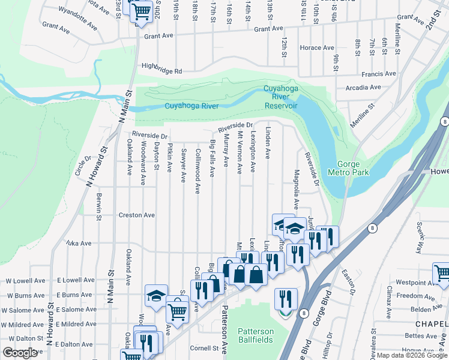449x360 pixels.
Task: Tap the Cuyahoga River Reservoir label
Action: point(281,97)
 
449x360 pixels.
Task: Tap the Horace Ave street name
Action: point(317,47)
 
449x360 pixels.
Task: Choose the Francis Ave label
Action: point(379,74)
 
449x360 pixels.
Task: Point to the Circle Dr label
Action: point(82,167)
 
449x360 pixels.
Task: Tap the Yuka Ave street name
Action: point(79,244)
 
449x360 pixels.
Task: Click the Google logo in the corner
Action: point(20,353)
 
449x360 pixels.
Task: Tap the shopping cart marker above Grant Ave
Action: point(141,11)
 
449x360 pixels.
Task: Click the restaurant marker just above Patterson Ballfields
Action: point(286,299)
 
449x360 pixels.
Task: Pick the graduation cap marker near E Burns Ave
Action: point(156,295)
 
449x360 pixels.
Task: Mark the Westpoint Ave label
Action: point(411,282)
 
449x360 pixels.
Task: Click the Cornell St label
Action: point(202,348)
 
